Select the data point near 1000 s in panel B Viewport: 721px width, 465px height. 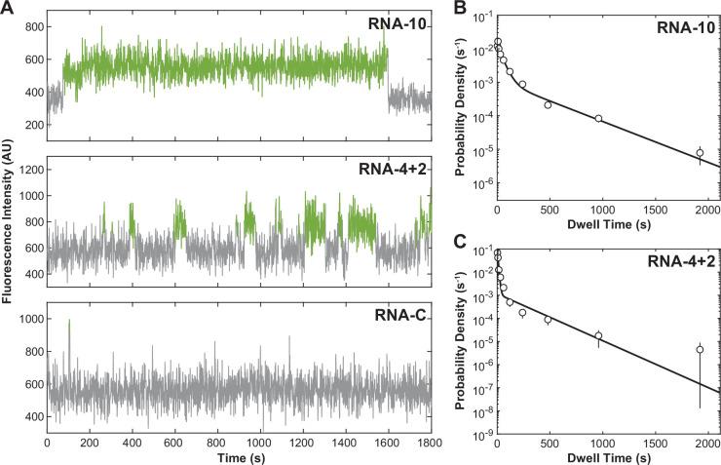click(x=598, y=119)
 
